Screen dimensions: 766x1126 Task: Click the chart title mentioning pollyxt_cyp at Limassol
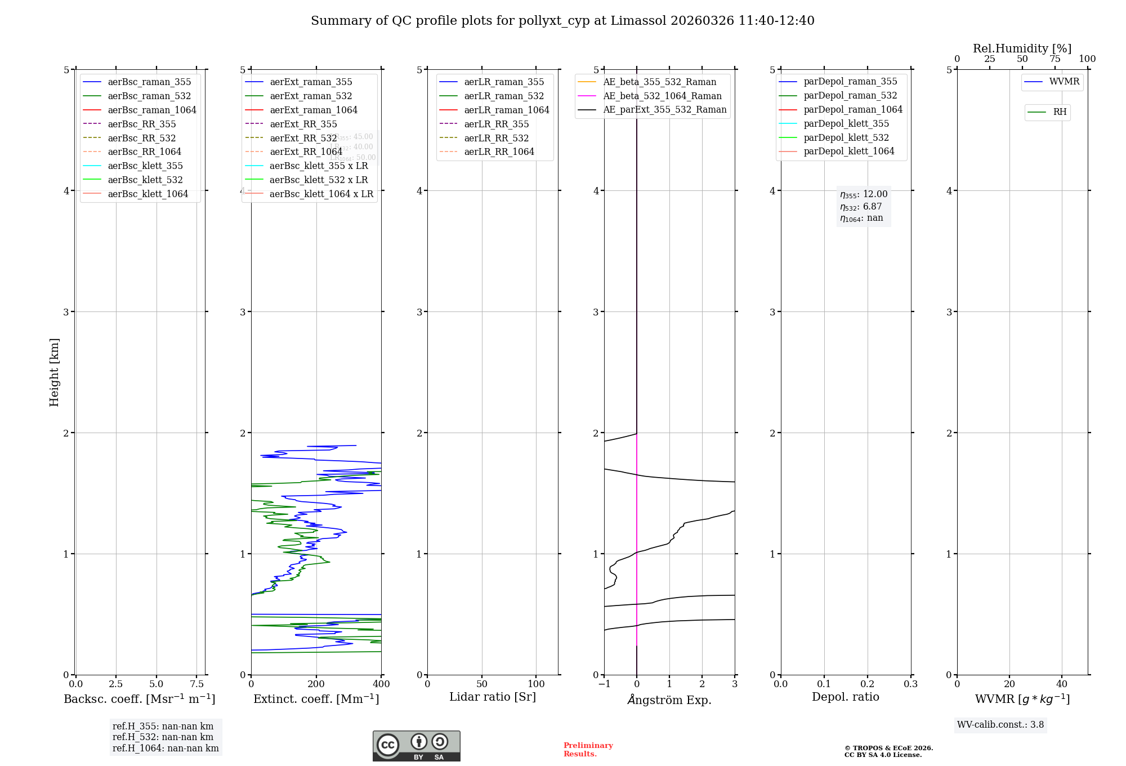tap(562, 21)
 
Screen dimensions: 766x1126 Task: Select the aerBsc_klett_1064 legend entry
tap(148, 194)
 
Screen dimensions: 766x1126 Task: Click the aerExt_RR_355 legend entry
tap(303, 124)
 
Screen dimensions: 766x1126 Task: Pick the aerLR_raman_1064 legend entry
tap(506, 110)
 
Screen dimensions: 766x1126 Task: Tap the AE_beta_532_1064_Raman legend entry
tap(662, 96)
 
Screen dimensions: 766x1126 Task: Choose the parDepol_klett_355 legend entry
tap(846, 123)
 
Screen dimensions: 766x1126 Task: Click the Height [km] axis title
tap(54, 372)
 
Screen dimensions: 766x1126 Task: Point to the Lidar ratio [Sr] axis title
tap(493, 697)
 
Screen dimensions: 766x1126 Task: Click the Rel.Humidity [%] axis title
tap(1022, 48)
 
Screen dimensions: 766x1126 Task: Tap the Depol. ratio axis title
tap(845, 697)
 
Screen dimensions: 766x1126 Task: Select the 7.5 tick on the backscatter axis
tap(196, 684)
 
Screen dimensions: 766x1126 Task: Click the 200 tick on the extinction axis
tap(316, 684)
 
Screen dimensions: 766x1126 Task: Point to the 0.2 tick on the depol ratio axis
tap(868, 684)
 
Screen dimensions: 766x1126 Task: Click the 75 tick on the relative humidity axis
tap(1054, 59)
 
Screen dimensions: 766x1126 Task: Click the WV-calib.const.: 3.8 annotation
tap(1000, 725)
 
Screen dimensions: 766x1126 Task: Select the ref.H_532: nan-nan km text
tap(163, 737)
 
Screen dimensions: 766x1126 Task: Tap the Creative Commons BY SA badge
tap(416, 746)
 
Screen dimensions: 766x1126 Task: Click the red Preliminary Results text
tap(588, 750)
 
